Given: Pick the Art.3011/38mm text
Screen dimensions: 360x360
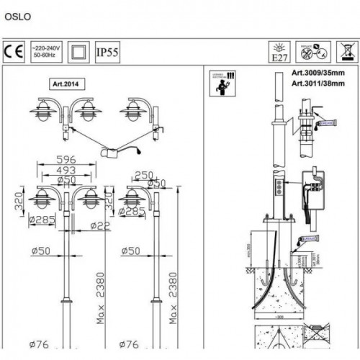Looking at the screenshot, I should [318, 84].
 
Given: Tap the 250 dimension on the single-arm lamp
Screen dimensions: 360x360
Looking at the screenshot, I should [145, 174].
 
